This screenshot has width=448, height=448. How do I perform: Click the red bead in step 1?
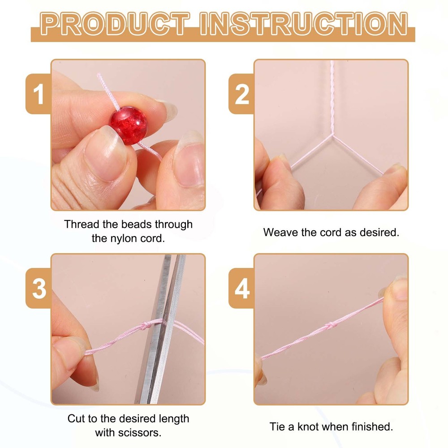click(x=129, y=125)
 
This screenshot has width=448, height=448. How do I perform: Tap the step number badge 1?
click(x=38, y=94)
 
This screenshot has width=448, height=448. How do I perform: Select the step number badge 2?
click(x=241, y=94)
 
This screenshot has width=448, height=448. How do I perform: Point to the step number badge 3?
click(x=38, y=288)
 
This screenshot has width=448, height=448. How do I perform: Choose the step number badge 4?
click(x=241, y=288)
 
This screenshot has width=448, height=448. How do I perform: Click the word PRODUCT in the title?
click(x=115, y=24)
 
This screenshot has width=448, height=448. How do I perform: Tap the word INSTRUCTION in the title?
click(x=303, y=24)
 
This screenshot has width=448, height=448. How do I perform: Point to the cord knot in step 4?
click(x=331, y=325)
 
